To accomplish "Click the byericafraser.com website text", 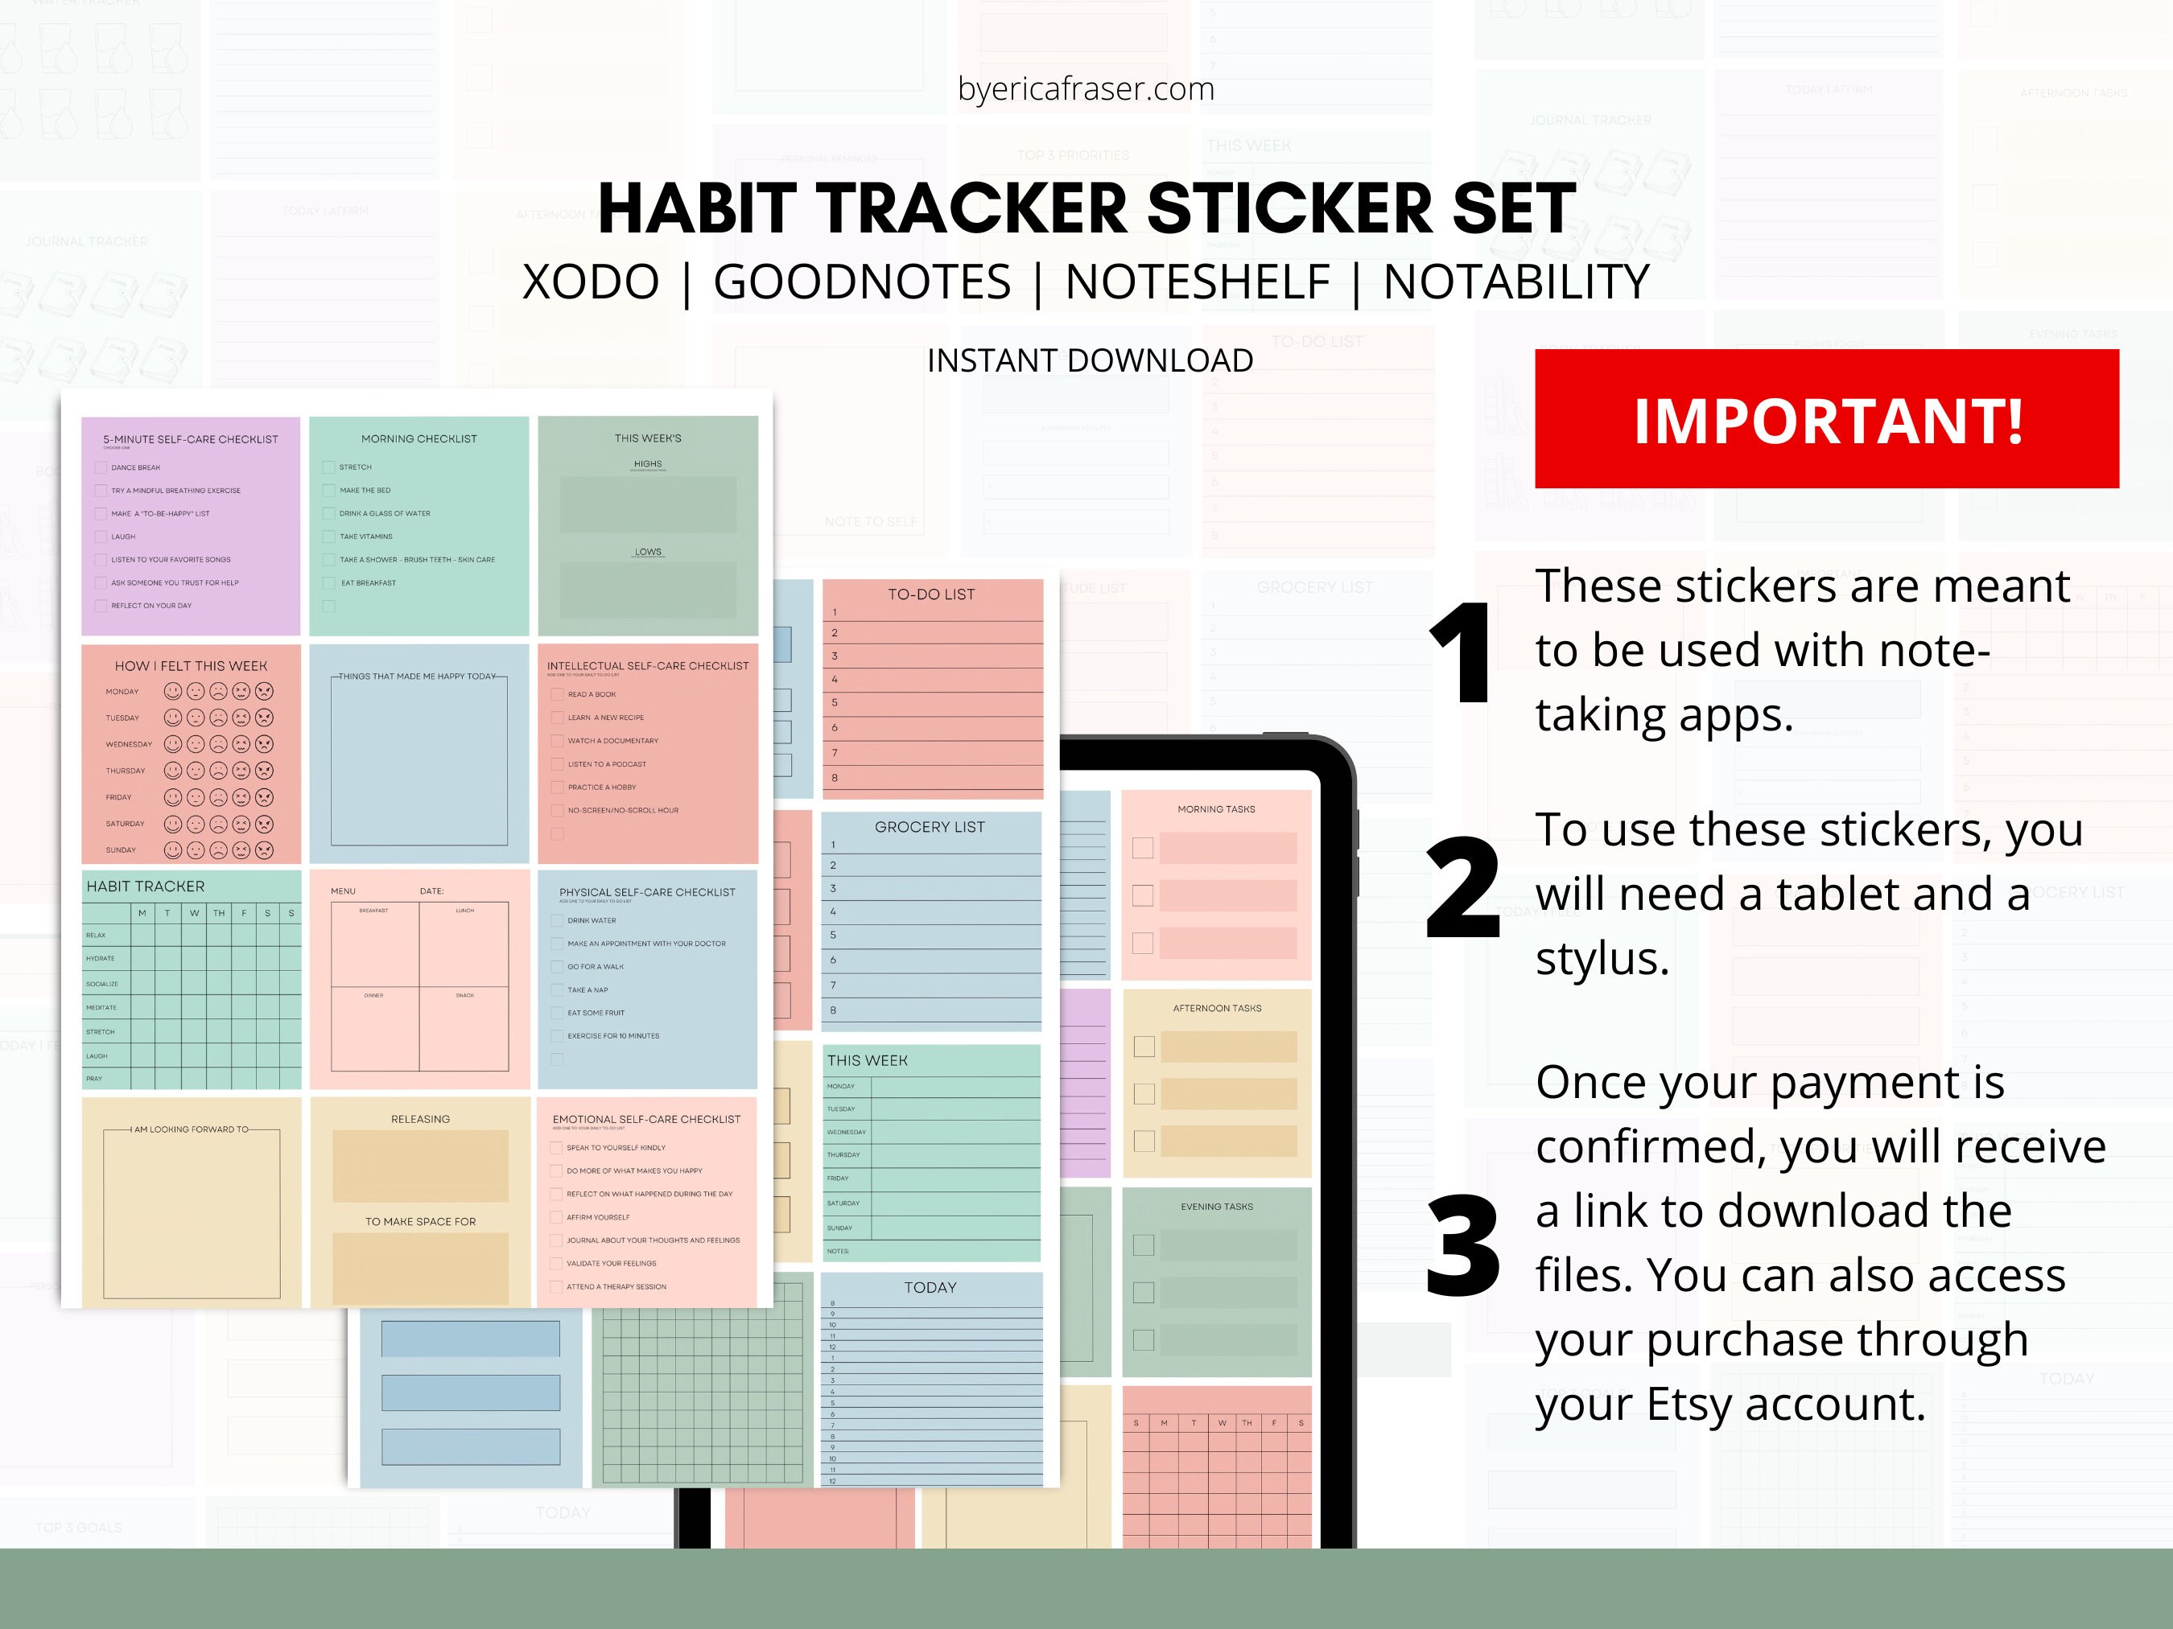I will (x=1086, y=89).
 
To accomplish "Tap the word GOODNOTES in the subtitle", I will (x=861, y=283).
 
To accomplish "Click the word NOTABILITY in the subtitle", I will (x=1515, y=283).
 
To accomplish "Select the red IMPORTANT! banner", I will (x=1826, y=419).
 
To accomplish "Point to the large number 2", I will (x=1462, y=889).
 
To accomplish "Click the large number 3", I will (x=1462, y=1247).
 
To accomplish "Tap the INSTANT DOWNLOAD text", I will (x=1090, y=360).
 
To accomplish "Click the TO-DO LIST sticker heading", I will (x=930, y=594).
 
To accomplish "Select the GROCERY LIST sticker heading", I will (x=930, y=827).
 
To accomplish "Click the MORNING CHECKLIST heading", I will (x=419, y=439).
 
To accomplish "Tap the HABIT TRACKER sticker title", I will (x=146, y=886).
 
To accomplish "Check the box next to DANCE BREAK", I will (x=101, y=467).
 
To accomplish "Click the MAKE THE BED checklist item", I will (x=365, y=490).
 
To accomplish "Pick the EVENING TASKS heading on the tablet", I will (x=1216, y=1207).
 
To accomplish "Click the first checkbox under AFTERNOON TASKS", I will (x=1144, y=1047).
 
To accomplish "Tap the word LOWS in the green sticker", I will (x=647, y=552).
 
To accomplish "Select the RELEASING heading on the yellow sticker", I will (x=420, y=1120).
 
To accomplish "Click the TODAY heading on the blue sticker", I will (x=930, y=1287).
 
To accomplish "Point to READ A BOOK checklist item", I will (x=592, y=694).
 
